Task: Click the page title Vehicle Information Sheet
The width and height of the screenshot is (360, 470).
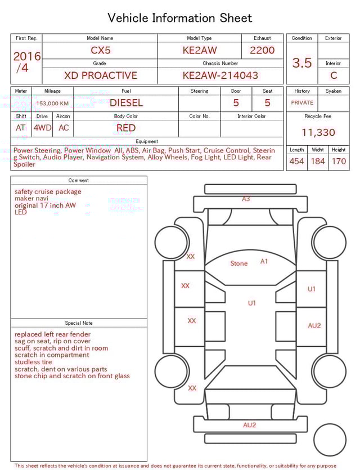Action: tap(179, 18)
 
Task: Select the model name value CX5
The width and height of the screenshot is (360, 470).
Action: tap(101, 50)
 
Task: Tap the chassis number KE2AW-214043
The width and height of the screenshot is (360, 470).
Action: tap(220, 75)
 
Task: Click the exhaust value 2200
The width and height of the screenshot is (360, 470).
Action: tap(262, 50)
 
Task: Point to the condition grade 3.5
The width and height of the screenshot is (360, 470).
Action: tap(301, 63)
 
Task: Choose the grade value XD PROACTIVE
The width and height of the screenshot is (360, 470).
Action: tap(100, 75)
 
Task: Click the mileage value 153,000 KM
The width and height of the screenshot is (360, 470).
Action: tap(52, 104)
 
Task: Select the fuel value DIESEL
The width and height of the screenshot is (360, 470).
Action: tap(126, 103)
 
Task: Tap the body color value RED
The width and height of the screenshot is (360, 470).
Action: tap(126, 128)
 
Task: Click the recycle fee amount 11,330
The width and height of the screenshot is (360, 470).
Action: tap(318, 133)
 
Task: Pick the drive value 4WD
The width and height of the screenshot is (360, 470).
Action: tap(42, 128)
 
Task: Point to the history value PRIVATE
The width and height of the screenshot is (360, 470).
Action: tap(302, 103)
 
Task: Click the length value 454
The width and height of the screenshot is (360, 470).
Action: tap(296, 162)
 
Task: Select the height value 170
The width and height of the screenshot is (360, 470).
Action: tap(339, 162)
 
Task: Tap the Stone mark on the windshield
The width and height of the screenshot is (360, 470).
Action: tap(238, 263)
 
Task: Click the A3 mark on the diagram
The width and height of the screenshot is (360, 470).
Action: tap(246, 199)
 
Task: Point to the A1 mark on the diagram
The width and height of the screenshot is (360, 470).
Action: tap(264, 261)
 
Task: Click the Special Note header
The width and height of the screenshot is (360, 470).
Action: tap(79, 323)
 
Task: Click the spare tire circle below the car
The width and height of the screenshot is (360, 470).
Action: tap(330, 440)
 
